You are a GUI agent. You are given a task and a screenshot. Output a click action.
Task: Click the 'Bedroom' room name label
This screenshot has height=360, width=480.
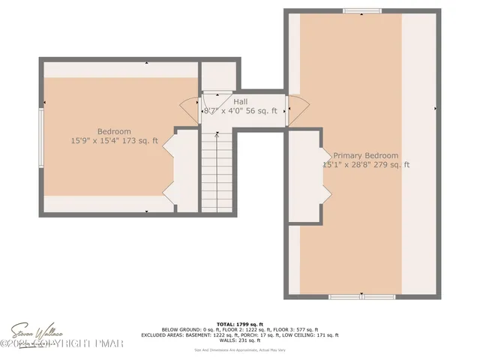(114, 132)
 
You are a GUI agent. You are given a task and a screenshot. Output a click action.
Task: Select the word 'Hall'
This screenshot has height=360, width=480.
(241, 101)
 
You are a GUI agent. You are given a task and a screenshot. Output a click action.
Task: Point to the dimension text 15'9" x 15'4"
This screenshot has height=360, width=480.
(96, 140)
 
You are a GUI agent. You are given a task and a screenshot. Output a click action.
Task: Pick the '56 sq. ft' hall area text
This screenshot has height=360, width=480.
(263, 111)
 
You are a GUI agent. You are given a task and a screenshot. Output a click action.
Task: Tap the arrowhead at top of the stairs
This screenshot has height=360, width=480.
(217, 135)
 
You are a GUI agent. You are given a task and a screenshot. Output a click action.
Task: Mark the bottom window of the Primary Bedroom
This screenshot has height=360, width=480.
(361, 297)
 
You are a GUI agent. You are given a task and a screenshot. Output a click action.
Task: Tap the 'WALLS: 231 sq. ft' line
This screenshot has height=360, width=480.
(239, 340)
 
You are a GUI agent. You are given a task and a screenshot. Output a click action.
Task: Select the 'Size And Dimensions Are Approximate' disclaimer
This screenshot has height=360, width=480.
(239, 349)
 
